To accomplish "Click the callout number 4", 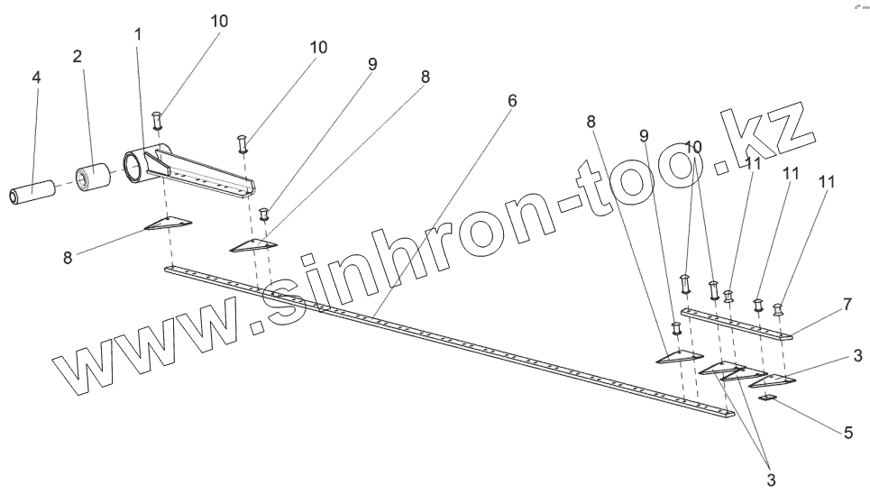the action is tap(36, 78).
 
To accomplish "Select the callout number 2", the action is tap(78, 57).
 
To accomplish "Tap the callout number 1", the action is tap(138, 34).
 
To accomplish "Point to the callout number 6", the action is tap(512, 101).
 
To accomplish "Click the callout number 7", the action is tap(847, 305).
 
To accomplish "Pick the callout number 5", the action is tap(847, 433).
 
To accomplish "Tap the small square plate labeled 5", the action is tap(769, 397).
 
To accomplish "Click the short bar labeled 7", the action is tap(735, 323).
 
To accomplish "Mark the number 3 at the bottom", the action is tap(770, 479).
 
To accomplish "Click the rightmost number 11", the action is tap(826, 181).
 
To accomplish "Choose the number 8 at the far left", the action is tap(68, 257).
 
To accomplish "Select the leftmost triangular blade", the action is tap(169, 224).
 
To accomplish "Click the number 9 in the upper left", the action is tap(371, 64).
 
